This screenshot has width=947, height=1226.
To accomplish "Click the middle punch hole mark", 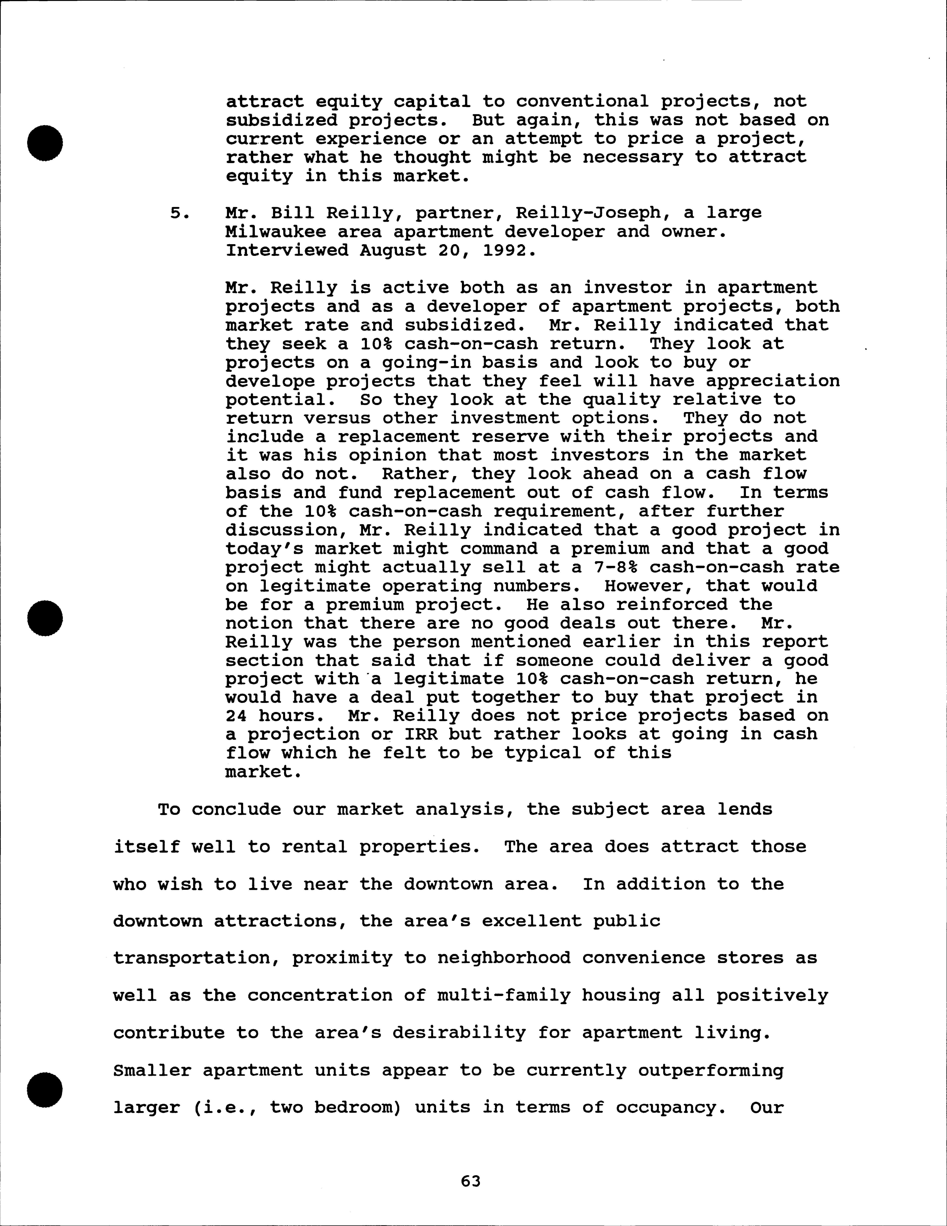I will point(45,618).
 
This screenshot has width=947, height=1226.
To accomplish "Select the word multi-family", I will point(503,995).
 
